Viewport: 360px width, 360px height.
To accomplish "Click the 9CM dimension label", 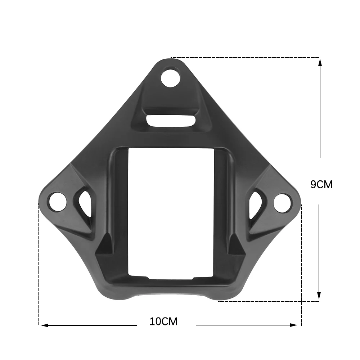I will coord(321,185).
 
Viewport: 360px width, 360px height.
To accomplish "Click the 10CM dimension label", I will coord(164,321).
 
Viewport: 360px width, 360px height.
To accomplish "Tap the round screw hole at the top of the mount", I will coord(170,78).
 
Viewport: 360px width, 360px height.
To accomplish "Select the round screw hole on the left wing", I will coord(58,202).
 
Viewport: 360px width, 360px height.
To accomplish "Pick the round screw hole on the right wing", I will coord(282,202).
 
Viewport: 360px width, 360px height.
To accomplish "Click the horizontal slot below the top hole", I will coord(171,121).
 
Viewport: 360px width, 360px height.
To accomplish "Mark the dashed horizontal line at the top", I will coord(245,58).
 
